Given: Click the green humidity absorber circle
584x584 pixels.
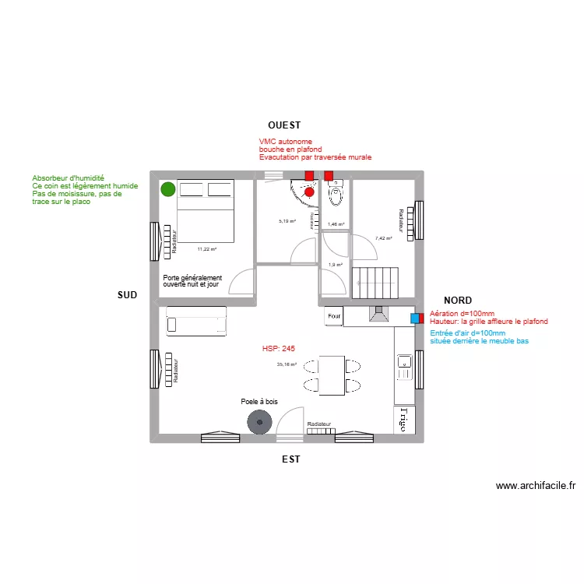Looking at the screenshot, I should tap(167, 188).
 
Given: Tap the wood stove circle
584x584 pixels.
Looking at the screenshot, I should tap(259, 423).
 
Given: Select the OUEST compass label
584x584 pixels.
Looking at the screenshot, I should tap(284, 125).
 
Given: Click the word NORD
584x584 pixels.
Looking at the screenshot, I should tap(458, 300).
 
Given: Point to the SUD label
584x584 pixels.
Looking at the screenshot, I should tap(127, 295).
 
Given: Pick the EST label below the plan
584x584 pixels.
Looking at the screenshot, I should tap(290, 459).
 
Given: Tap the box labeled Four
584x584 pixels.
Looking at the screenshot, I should tap(334, 316).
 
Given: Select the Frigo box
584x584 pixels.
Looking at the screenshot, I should tap(403, 420).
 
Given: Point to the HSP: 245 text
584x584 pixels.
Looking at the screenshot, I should tap(278, 348).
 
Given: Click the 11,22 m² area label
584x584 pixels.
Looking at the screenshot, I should tap(206, 249).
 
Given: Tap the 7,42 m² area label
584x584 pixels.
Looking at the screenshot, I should tap(383, 238).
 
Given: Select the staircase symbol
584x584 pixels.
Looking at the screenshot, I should tap(376, 281).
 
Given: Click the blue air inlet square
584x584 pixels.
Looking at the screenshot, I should tap(415, 317).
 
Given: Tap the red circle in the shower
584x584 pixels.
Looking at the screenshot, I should tap(309, 192).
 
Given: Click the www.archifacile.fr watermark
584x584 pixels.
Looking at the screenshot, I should tap(536, 485).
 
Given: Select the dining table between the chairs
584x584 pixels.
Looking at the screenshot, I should tap(331, 375).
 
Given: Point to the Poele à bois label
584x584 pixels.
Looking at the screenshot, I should tap(259, 402).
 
